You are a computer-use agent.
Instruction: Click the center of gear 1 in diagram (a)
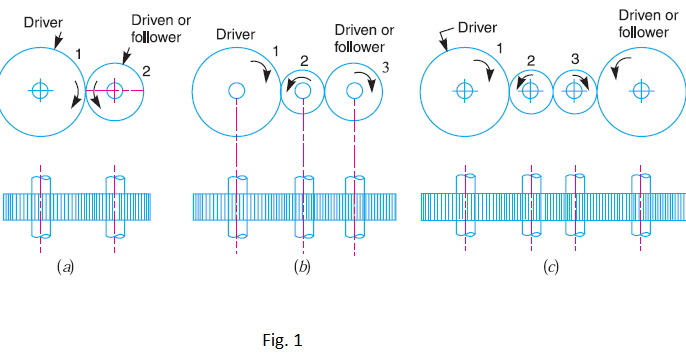tap(40, 90)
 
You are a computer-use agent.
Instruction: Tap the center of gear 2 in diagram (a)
tap(115, 90)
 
